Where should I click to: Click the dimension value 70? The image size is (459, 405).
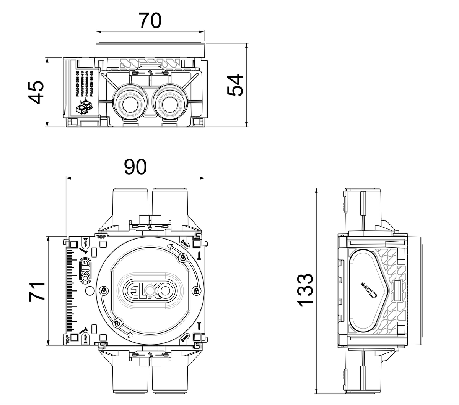click(150, 21)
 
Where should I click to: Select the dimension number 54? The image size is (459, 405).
click(235, 85)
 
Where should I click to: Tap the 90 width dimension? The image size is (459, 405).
click(135, 167)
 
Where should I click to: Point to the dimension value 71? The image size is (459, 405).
click(37, 291)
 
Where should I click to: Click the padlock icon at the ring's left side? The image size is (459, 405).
click(103, 291)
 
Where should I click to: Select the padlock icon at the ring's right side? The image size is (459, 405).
click(196, 291)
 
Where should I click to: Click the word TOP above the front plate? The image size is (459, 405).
click(101, 237)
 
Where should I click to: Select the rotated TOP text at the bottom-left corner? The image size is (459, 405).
click(68, 339)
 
